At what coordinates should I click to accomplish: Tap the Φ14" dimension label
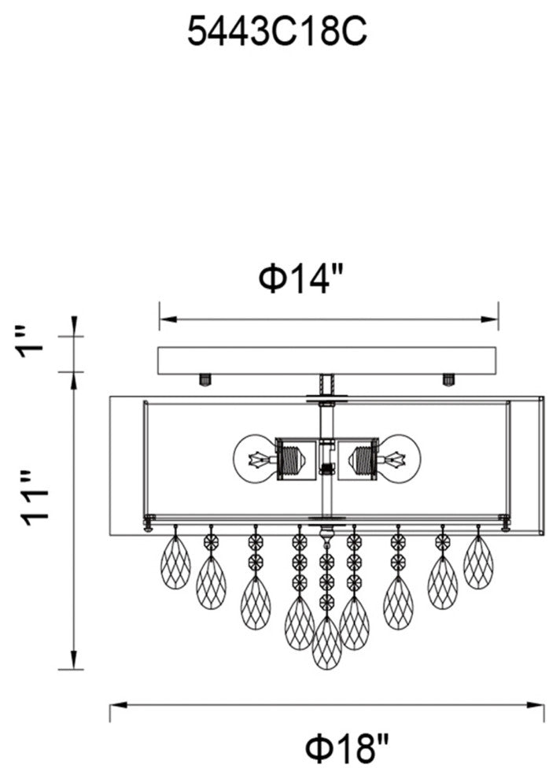[301, 279]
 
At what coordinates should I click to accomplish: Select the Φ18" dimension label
[346, 750]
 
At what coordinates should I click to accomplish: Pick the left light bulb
[254, 458]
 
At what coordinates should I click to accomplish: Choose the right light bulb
[399, 458]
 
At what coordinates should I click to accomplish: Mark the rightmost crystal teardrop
[478, 563]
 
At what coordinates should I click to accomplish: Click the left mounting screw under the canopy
[204, 380]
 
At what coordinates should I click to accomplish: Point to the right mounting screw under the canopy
[448, 380]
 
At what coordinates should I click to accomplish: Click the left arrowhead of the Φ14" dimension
[167, 319]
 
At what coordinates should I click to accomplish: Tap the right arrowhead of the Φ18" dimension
[536, 706]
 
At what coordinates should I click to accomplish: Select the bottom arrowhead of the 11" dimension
[74, 661]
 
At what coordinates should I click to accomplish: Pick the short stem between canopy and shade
[326, 386]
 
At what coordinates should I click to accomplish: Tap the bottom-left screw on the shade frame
[147, 522]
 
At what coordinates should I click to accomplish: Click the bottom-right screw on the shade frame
[506, 522]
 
